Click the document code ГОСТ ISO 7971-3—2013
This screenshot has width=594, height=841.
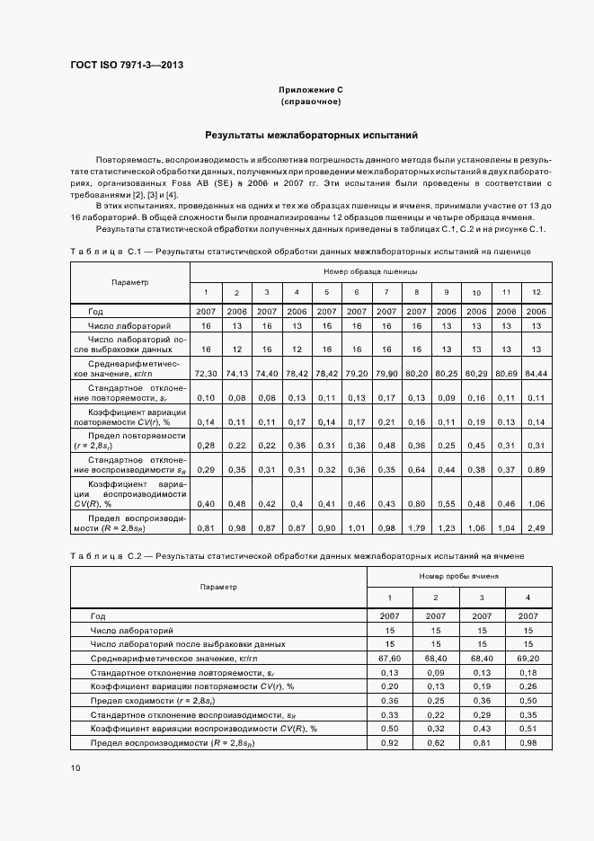pyautogui.click(x=127, y=66)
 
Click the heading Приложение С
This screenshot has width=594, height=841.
pyautogui.click(x=311, y=91)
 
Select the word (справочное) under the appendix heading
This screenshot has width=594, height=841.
pyautogui.click(x=311, y=102)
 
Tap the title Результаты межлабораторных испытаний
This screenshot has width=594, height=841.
pyautogui.click(x=311, y=136)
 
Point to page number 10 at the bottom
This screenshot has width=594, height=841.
pyautogui.click(x=75, y=767)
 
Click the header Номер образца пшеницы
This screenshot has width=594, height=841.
pyautogui.click(x=370, y=270)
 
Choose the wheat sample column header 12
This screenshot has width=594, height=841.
pyautogui.click(x=536, y=293)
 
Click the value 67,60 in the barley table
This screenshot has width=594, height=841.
pyautogui.click(x=390, y=659)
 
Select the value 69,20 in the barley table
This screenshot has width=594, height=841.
pyautogui.click(x=528, y=659)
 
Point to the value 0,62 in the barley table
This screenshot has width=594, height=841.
pyautogui.click(x=436, y=742)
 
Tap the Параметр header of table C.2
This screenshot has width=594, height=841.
pyautogui.click(x=219, y=586)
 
